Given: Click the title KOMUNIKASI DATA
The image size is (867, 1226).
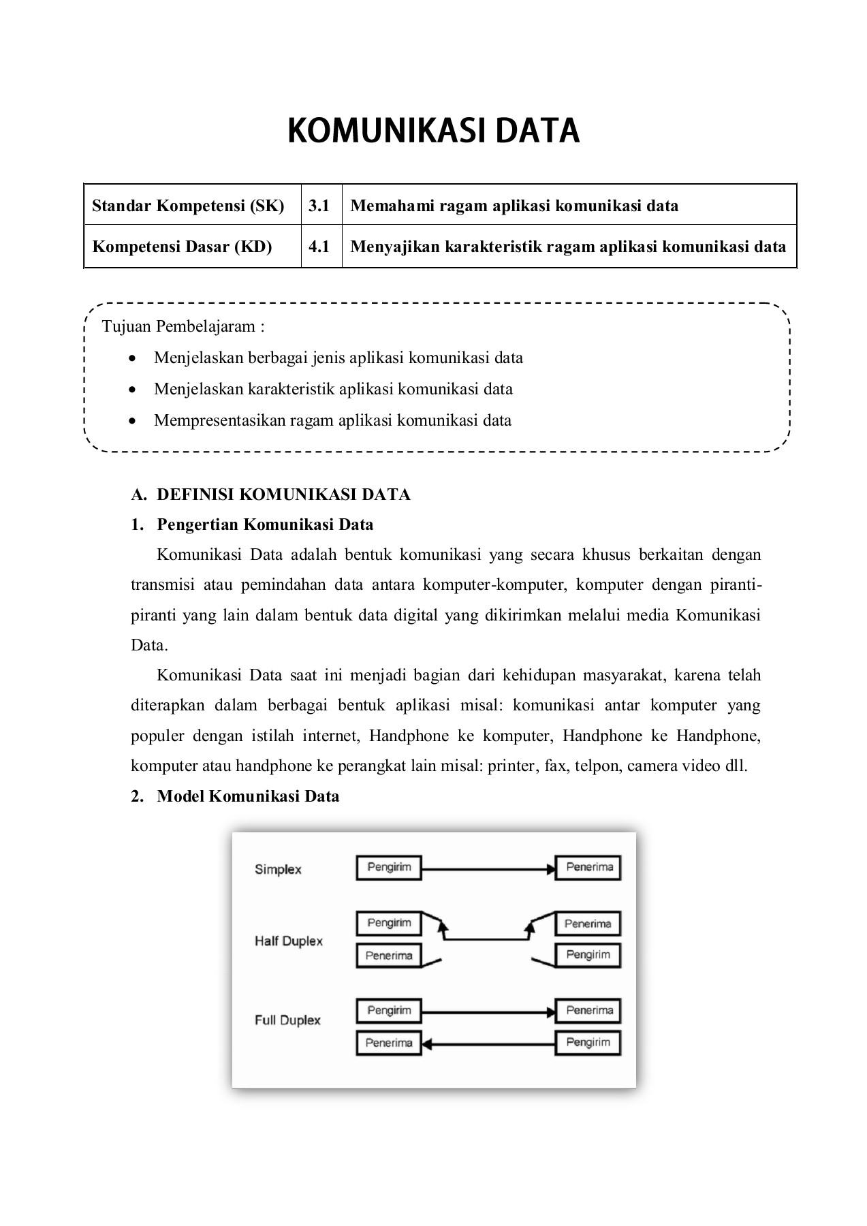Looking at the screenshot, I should (x=433, y=131).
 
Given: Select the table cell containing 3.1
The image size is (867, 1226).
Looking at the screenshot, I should (x=319, y=206).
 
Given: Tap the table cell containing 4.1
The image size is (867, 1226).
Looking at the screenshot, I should (x=319, y=247).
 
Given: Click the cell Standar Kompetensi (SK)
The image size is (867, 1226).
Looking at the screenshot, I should (x=189, y=206).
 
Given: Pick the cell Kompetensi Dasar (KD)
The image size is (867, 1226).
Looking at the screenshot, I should (x=183, y=247).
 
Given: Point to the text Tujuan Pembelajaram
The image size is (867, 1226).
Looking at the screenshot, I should (x=183, y=326).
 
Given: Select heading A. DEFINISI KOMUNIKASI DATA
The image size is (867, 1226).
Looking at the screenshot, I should (x=271, y=494).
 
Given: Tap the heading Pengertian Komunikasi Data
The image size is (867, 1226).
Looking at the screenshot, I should (x=265, y=524).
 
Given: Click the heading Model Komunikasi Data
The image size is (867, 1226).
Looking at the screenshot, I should (x=248, y=796).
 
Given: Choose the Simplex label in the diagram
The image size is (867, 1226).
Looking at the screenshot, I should (x=278, y=869).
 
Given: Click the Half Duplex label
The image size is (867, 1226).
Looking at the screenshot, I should (x=289, y=941).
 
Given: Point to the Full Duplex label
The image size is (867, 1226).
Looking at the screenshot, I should (x=287, y=1020).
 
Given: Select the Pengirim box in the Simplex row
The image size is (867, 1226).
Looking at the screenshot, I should (x=389, y=868).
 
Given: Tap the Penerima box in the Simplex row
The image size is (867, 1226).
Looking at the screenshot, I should (x=589, y=868).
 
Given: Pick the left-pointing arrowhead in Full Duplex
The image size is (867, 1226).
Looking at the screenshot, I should (x=428, y=1043).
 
